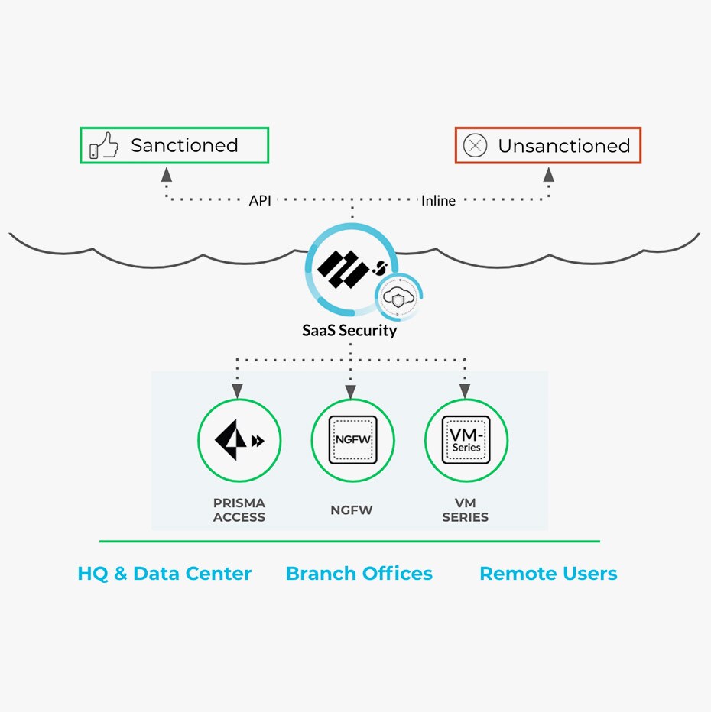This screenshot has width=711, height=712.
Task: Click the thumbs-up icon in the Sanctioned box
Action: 104,145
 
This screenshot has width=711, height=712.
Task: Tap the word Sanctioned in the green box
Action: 184,145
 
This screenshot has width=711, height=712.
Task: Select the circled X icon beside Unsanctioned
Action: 476,145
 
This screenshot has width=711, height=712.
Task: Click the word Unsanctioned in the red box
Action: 564,145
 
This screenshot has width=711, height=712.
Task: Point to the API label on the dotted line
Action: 260,200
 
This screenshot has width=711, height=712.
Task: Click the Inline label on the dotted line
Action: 438,200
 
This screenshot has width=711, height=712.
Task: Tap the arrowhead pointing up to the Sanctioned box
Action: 167,175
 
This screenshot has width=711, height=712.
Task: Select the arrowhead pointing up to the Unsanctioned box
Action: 548,175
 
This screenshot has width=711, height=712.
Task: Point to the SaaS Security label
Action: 350,331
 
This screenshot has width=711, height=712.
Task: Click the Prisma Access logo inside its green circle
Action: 239,440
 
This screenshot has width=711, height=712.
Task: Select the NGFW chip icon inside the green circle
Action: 352,440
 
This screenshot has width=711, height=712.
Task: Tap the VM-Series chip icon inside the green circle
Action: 466,440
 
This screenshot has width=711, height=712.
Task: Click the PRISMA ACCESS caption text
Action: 239,510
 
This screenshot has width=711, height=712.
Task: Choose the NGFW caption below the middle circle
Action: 352,510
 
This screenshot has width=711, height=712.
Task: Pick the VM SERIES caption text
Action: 465,510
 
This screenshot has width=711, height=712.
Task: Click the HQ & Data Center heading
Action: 164,574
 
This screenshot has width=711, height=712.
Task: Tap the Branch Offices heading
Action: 359,574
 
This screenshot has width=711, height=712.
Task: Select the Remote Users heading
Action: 548,574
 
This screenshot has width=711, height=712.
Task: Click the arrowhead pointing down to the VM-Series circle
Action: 465,392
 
